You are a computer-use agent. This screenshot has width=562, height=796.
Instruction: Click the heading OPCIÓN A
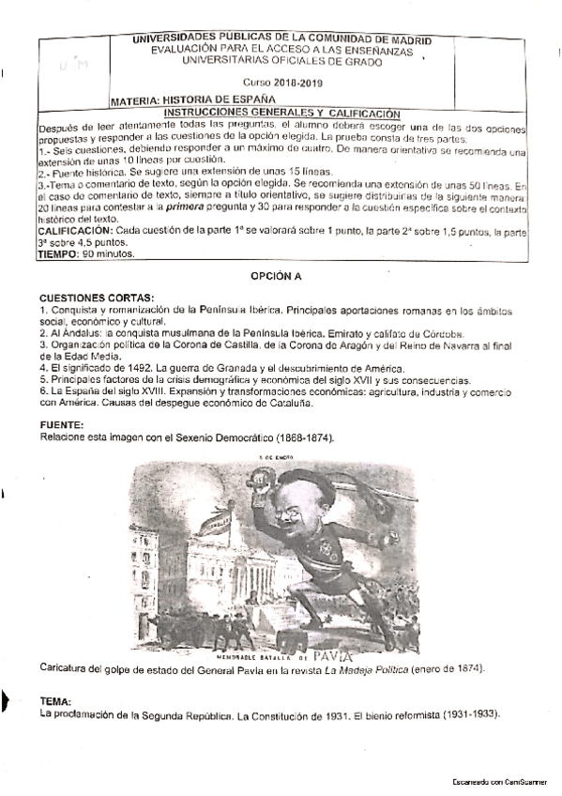pos(281,278)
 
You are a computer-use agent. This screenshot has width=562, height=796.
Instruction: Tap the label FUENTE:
pos(61,425)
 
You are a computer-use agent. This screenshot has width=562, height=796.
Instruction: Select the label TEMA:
pos(56,701)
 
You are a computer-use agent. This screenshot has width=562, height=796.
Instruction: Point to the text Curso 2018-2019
pos(281,84)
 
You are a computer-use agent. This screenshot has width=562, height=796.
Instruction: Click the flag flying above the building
pos(218,515)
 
